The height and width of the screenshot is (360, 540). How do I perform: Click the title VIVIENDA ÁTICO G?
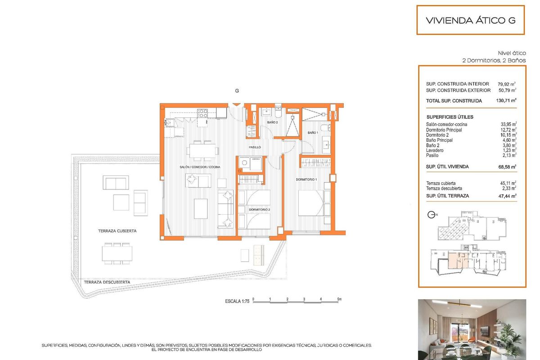470,20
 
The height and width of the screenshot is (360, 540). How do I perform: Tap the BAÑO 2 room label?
272,122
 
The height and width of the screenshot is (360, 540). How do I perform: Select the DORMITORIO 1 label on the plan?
306,180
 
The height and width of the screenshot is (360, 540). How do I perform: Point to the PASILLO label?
255,147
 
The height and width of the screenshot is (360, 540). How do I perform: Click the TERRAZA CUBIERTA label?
117,230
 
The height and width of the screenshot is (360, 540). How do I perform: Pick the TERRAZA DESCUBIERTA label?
107,282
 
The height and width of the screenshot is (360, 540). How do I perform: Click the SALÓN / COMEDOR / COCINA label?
199,167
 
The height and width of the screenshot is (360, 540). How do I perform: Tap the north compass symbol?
431,215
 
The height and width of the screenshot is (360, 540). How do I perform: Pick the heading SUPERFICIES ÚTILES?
450,117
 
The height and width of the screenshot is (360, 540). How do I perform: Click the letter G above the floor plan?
237,90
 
